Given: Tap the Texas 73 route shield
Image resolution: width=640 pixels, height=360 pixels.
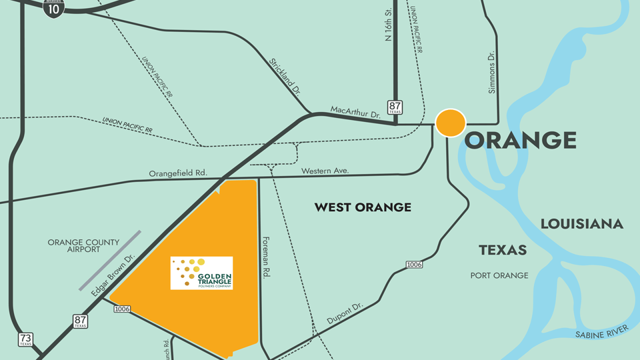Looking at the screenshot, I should tap(26, 339).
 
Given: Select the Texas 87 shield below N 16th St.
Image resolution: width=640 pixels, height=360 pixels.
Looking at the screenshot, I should tap(396, 107).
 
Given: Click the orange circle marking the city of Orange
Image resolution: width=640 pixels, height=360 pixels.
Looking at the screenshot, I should tap(451, 123).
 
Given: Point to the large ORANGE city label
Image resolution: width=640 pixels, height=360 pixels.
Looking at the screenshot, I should tap(520, 141).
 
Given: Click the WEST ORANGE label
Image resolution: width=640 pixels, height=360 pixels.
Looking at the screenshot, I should tap(363, 207).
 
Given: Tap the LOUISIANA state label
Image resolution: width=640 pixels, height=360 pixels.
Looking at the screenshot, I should tap(581, 224).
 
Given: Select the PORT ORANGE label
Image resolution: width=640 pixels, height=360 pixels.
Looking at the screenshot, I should tap(499, 275).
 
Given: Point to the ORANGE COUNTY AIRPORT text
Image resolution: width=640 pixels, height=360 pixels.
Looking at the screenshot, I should tap(83, 246).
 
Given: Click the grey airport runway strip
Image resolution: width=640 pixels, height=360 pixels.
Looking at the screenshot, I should tap(111, 261).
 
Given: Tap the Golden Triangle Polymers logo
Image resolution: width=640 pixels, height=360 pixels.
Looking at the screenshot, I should tap(201, 273).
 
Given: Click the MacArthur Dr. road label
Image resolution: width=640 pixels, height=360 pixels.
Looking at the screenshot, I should tap(355, 112).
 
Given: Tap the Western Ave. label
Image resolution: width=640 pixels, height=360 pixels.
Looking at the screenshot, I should tap(325, 171).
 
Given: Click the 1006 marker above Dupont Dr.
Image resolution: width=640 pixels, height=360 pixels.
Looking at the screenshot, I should tap(414, 265).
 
